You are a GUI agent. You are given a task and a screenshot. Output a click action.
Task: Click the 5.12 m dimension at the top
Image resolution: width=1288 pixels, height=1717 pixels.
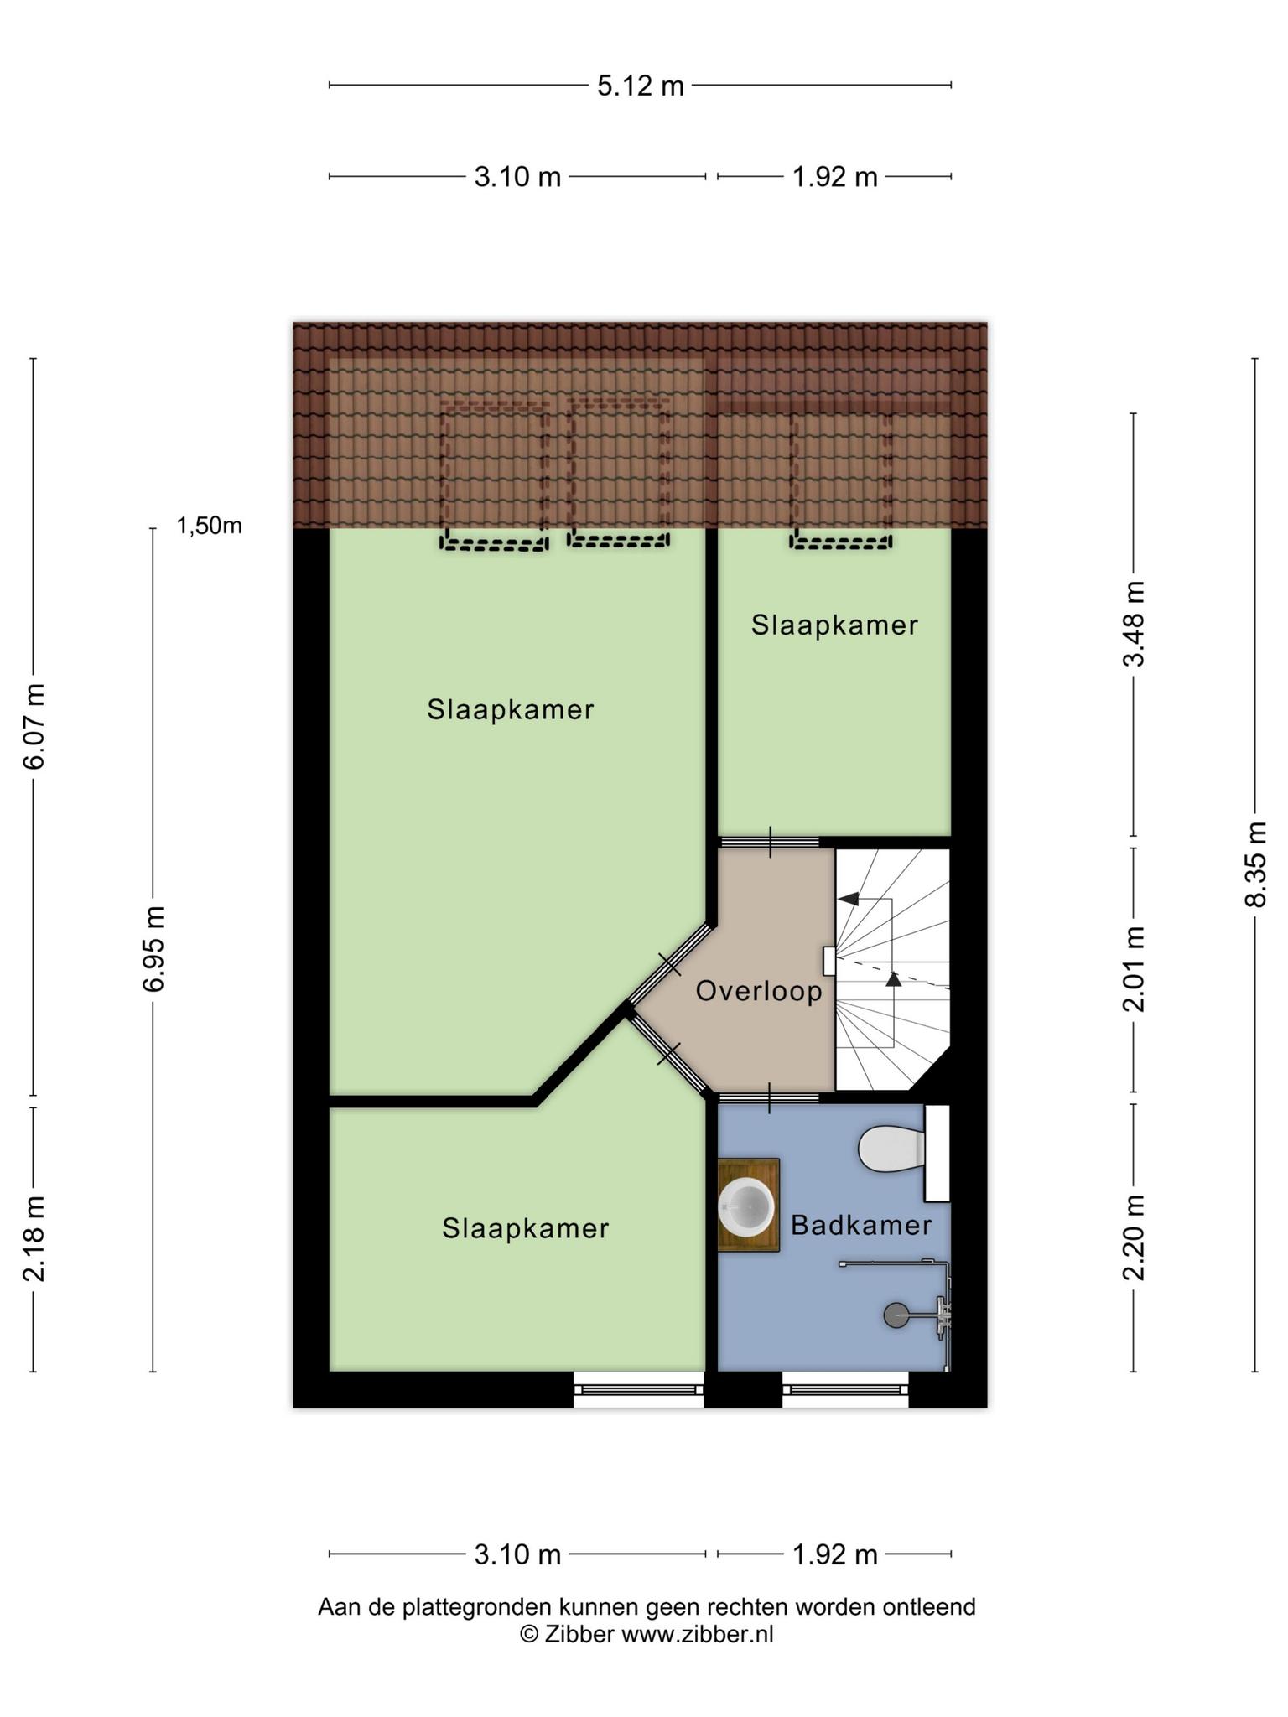coord(641,86)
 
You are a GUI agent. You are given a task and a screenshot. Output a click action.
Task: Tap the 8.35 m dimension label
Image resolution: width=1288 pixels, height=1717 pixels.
coord(1255,864)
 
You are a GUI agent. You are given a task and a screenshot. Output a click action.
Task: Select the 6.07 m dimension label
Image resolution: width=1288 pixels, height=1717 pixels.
coord(34,726)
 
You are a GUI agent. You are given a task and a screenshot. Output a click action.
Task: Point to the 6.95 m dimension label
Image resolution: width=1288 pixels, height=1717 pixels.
coord(153,948)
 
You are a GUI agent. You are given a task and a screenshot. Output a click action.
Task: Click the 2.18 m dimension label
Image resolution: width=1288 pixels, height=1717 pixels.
coord(34,1238)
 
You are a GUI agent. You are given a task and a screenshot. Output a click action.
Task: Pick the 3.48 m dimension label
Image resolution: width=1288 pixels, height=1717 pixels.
coord(1134,624)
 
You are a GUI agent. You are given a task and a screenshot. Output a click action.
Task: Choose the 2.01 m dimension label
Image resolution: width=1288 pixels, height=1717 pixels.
coord(1134,968)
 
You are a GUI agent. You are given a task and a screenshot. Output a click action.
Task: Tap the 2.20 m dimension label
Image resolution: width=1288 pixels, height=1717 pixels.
coord(1134,1237)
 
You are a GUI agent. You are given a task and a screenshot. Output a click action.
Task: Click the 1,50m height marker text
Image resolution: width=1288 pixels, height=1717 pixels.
coord(209,526)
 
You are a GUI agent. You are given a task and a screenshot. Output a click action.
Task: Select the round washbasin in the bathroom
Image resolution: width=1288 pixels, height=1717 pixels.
coord(745,1206)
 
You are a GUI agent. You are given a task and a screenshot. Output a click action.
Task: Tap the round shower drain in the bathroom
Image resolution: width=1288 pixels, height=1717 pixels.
coord(895,1315)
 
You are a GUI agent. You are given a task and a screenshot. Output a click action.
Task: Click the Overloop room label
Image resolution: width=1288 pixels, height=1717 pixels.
coord(759,992)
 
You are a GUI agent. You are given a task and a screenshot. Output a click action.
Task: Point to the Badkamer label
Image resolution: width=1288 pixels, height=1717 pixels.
coord(861,1226)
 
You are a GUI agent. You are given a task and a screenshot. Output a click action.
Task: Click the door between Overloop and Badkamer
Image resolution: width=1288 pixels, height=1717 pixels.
coord(769,1097)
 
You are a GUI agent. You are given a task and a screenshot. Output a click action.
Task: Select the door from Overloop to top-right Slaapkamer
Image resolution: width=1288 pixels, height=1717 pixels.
coord(769,842)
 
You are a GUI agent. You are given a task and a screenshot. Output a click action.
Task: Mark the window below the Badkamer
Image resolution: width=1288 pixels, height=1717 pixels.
coord(846,1390)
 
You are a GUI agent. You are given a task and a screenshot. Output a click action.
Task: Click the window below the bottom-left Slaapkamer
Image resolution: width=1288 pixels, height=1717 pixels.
coord(639,1390)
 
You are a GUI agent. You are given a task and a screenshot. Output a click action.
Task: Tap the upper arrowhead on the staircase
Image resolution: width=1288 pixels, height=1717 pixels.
coord(849,899)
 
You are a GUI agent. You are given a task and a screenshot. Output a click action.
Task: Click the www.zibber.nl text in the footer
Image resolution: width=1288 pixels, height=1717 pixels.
coord(697,1634)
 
